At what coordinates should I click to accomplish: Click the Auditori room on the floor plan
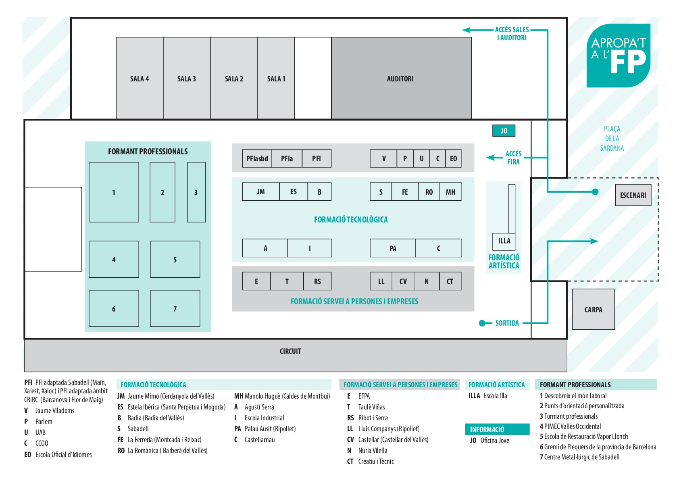(x=401, y=78)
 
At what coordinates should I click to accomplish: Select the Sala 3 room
(x=187, y=78)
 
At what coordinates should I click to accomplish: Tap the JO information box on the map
(x=504, y=131)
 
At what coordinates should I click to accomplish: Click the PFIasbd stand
(x=257, y=158)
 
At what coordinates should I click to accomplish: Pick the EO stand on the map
(x=454, y=158)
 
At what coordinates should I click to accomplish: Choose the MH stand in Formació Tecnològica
(x=450, y=191)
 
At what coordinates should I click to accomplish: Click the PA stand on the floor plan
(x=393, y=248)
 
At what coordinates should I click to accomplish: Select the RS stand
(x=317, y=281)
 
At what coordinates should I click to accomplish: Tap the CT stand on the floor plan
(x=450, y=281)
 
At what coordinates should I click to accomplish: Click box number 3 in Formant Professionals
(x=196, y=192)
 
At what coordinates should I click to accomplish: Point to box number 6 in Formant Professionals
(x=114, y=308)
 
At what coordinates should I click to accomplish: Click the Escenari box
(x=633, y=195)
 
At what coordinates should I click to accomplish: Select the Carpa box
(x=594, y=309)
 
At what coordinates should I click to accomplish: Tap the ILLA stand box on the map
(x=504, y=241)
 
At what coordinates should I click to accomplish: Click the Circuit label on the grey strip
(x=290, y=351)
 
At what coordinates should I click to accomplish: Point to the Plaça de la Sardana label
(x=612, y=139)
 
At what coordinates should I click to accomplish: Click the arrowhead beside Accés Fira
(x=490, y=158)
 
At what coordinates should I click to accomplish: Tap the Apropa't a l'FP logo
(x=619, y=56)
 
